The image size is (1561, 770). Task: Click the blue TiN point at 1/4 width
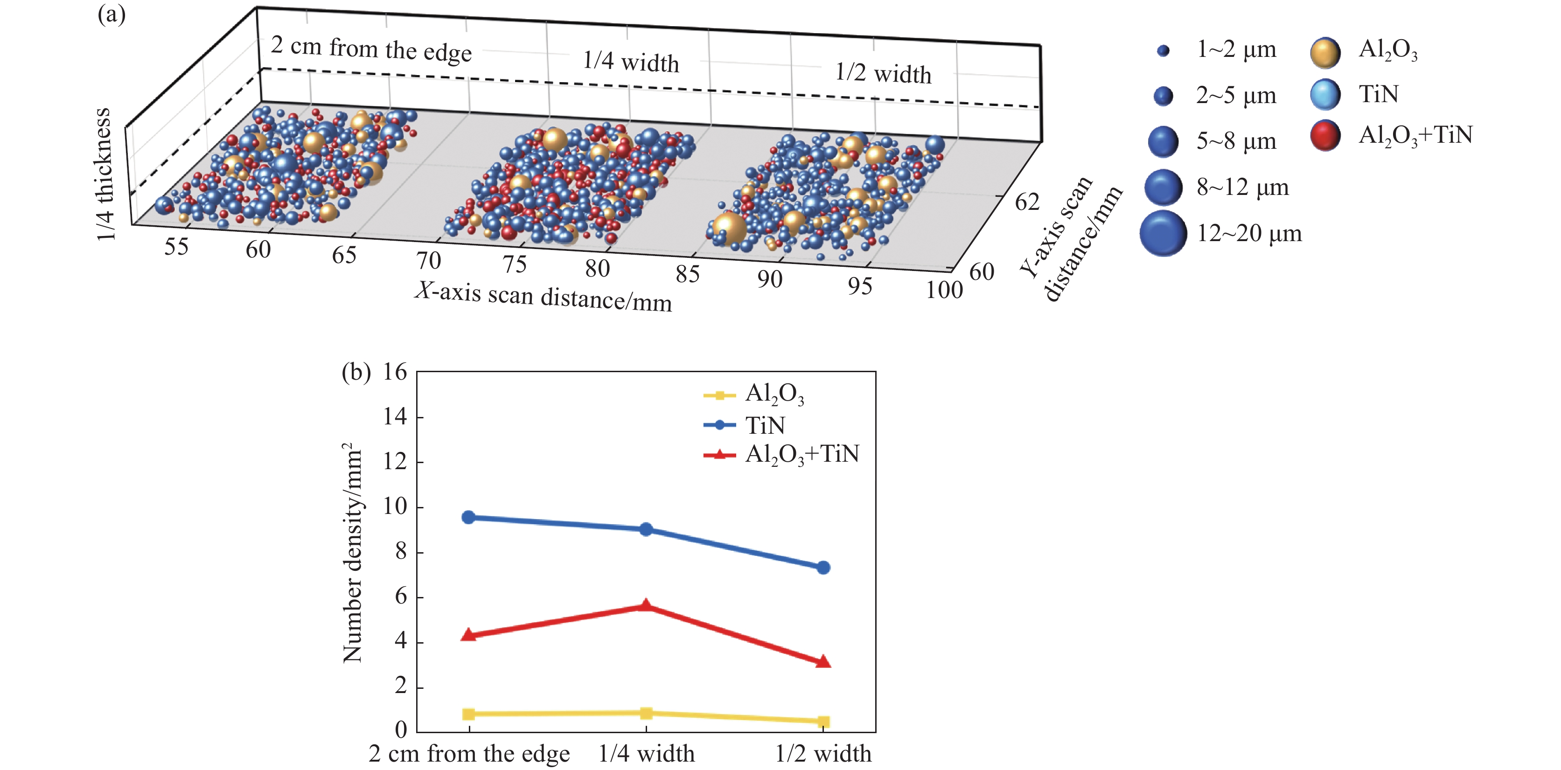coord(646,529)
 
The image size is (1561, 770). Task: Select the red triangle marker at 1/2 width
coord(823,661)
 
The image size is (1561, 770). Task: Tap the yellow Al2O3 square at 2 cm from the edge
coord(468,714)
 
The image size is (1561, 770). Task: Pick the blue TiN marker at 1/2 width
coord(823,568)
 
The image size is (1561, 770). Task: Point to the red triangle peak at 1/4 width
coord(646,605)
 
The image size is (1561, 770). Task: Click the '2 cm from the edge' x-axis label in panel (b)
coord(469,754)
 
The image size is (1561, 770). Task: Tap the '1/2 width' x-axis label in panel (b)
coord(823,754)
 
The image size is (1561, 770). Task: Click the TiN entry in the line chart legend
coord(765,425)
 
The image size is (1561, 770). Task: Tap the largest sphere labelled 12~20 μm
coord(1163,234)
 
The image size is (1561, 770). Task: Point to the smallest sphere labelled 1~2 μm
coord(1163,51)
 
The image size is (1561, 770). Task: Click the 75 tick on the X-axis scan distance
coord(515,264)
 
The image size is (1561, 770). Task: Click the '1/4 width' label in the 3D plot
coord(631,62)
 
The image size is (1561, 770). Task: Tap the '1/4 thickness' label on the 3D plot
coord(104,174)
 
